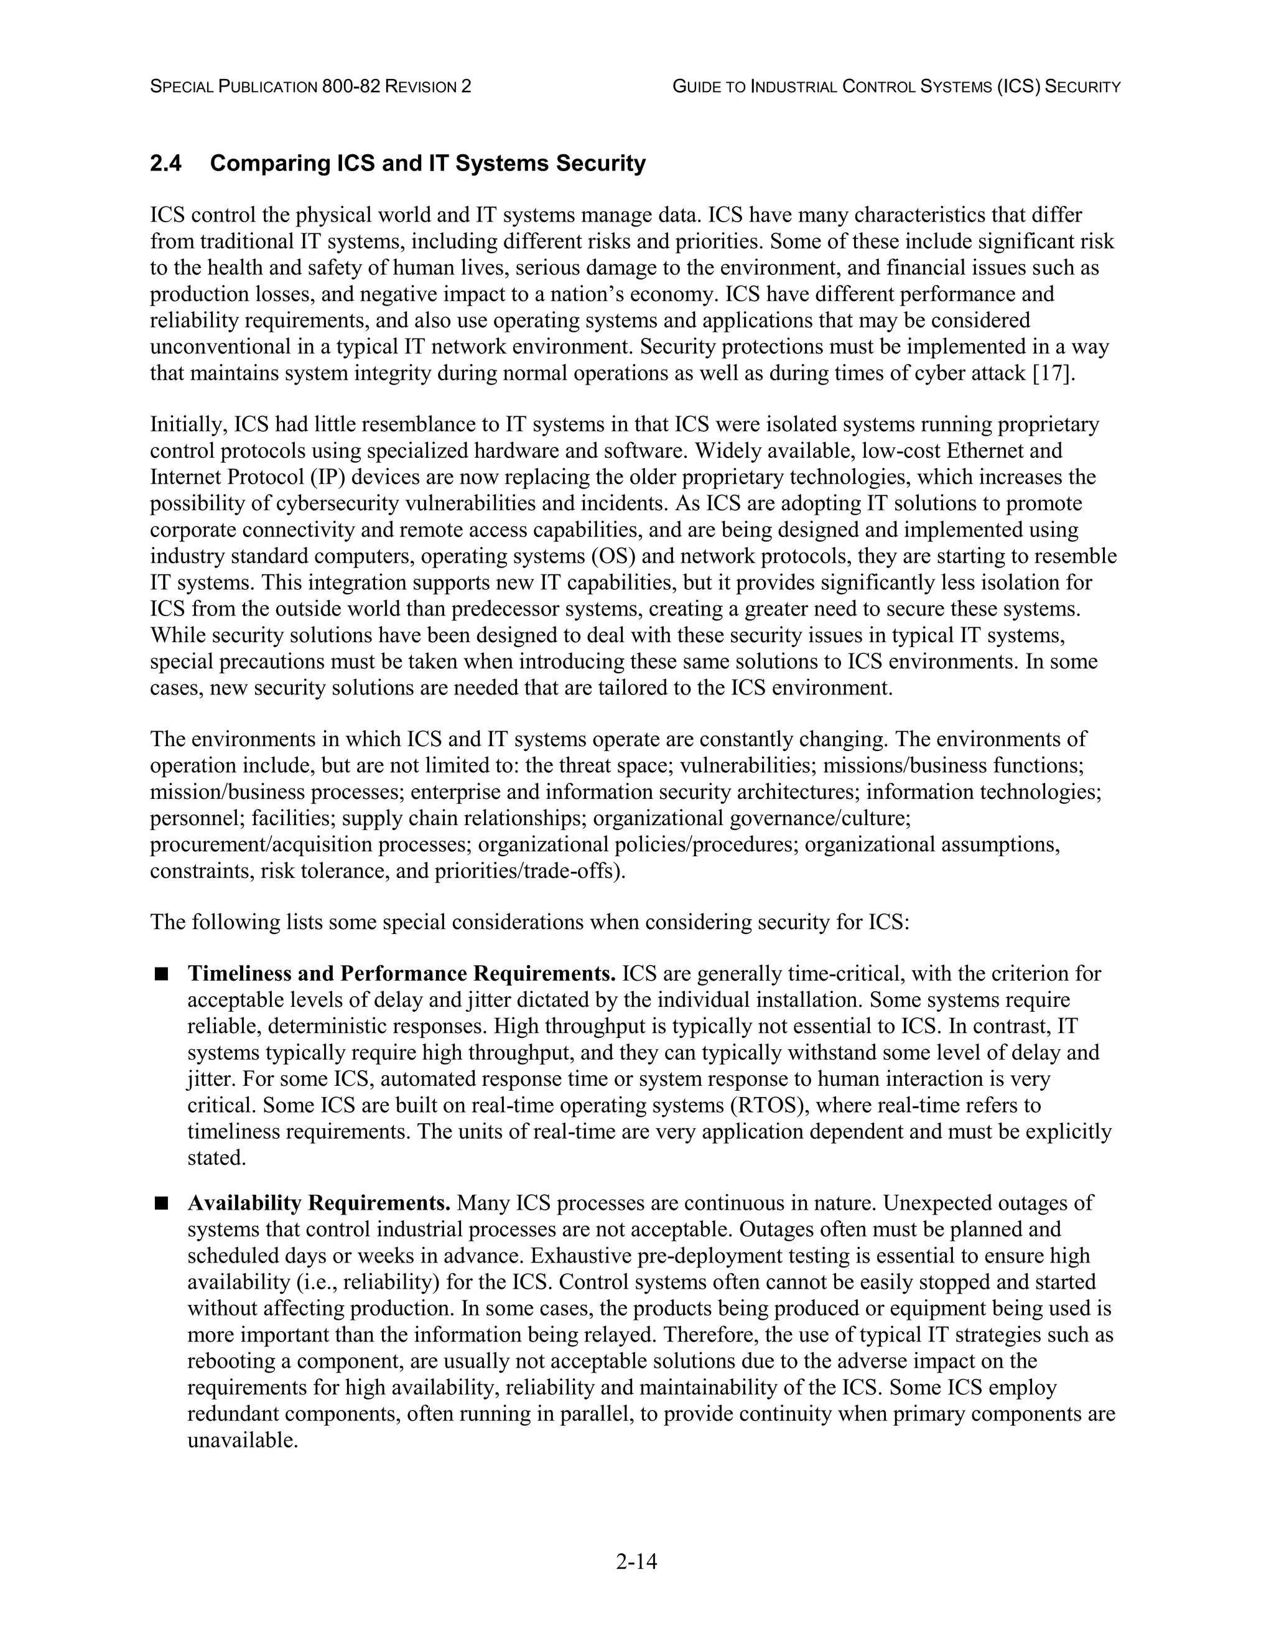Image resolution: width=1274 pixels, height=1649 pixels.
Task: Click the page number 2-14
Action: click(636, 1561)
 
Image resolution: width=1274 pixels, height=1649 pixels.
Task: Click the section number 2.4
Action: click(165, 164)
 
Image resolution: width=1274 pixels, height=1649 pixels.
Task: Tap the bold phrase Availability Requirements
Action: click(318, 1203)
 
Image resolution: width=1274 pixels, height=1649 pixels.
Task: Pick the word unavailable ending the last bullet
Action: click(241, 1441)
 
